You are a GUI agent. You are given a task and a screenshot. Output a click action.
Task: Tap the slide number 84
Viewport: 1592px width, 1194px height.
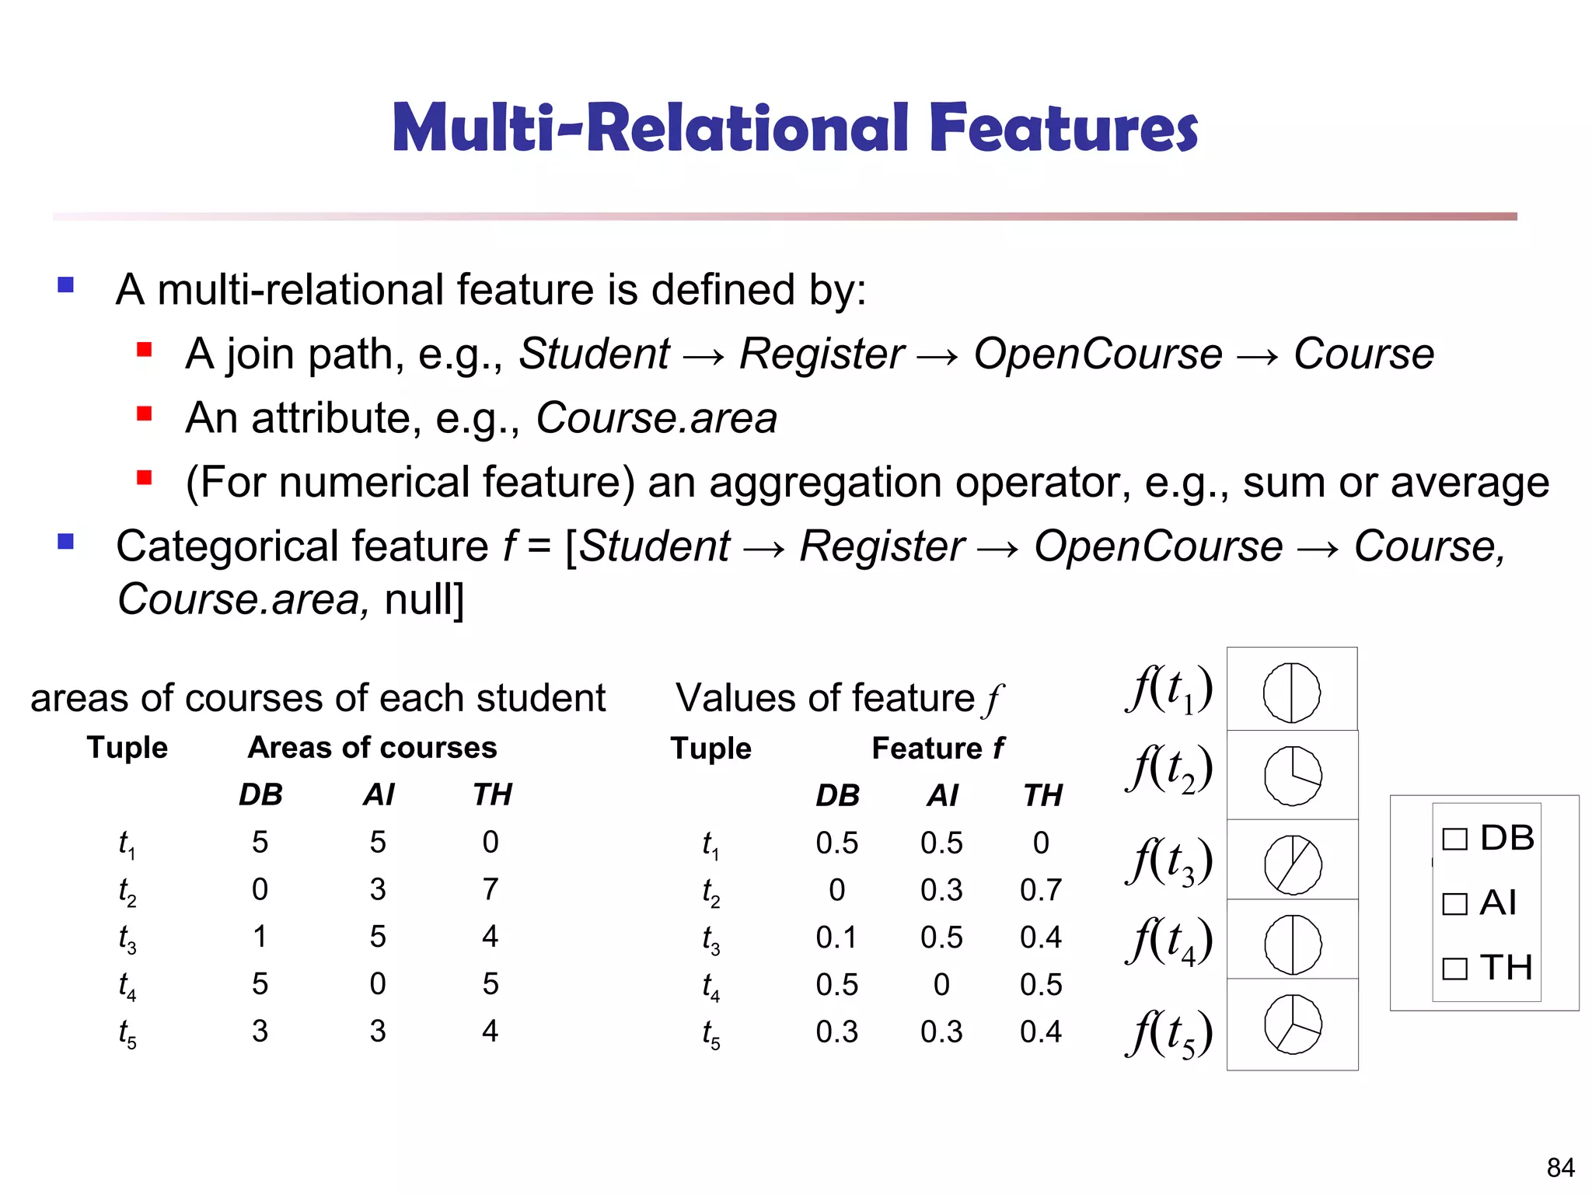1560,1168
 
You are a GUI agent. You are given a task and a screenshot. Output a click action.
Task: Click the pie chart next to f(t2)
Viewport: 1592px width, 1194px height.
1292,776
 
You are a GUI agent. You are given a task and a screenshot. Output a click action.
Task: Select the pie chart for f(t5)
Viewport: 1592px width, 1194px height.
1293,1025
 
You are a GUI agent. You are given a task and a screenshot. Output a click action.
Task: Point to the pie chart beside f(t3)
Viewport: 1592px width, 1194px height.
1293,864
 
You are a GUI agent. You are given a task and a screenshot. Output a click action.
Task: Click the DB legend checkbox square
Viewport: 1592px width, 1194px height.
1454,840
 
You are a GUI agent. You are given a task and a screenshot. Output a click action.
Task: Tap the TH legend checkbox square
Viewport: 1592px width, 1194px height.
1454,969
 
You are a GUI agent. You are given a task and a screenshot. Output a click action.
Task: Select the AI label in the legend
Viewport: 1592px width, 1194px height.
1498,903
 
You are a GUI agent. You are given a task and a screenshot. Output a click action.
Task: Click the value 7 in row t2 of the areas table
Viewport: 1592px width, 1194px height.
490,889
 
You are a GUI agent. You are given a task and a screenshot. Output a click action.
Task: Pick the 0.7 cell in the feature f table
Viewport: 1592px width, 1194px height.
1041,890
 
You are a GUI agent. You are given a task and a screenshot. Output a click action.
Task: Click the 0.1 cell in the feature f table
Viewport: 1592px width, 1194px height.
836,937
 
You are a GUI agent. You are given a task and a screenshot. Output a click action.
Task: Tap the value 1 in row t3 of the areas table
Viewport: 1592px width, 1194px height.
260,937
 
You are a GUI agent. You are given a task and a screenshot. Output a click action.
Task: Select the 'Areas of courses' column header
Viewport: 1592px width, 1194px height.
372,748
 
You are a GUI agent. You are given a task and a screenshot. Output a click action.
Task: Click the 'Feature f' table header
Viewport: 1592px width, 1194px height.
937,749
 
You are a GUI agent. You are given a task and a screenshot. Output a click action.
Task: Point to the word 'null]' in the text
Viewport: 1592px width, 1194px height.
424,600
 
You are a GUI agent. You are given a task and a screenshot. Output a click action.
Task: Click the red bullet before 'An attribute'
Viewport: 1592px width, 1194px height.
145,414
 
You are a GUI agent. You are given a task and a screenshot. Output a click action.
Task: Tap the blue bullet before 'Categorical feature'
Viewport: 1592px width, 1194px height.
66,541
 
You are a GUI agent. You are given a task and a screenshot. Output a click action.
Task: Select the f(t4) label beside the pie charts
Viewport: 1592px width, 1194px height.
1169,941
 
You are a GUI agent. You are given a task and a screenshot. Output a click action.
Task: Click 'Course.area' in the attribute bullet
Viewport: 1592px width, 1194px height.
656,418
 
